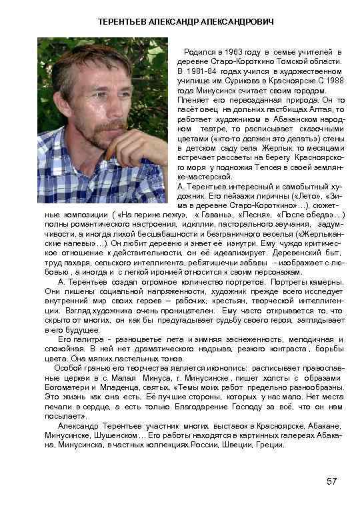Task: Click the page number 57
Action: [332, 482]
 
